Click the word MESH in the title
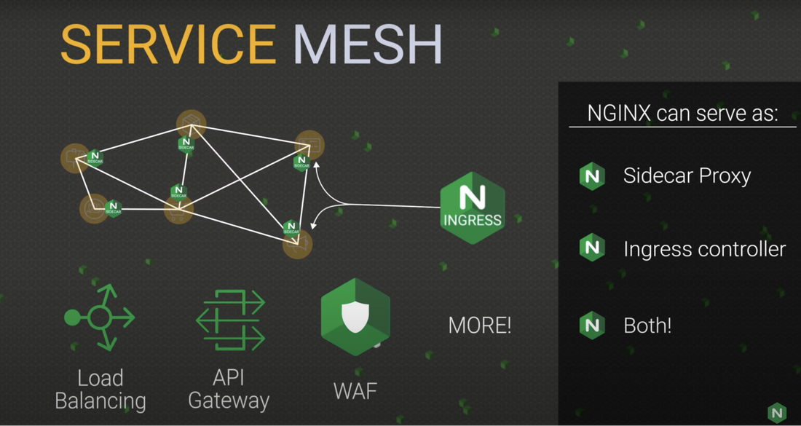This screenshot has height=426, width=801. pos(368,45)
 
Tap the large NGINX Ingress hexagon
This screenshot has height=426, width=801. pos(472,207)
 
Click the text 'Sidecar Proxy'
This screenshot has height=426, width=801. pos(687,176)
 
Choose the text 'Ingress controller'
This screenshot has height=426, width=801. pos(704,249)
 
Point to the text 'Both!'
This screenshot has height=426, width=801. pos(647,325)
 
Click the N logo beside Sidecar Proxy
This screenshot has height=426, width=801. pos(592,176)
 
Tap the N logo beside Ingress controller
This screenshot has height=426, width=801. pos(592,248)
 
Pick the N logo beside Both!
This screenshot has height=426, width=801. pos(592,325)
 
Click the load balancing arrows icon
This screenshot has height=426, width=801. pos(100,317)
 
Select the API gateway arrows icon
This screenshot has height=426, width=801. pos(230,320)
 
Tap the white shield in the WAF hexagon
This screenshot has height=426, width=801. pos(355,316)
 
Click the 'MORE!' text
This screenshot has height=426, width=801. pos(479,325)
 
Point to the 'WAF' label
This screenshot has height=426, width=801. pos(355,390)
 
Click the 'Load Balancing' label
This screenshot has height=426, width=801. pos(100,389)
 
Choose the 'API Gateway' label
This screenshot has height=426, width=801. pos(229,389)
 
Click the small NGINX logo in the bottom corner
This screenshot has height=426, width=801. pos(777,412)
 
